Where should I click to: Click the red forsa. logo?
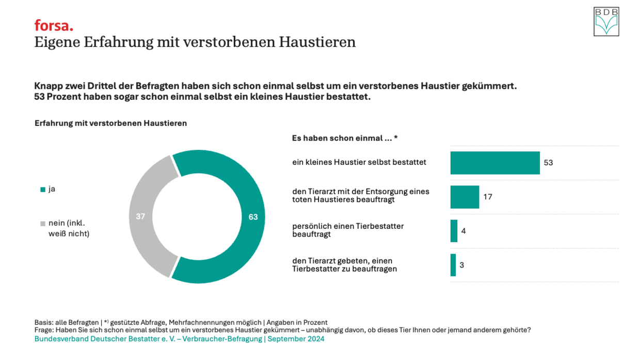pyautogui.click(x=54, y=25)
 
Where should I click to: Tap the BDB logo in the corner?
pyautogui.click(x=606, y=22)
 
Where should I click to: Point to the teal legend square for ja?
pyautogui.click(x=43, y=190)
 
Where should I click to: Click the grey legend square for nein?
pyautogui.click(x=43, y=224)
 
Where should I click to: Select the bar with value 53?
pyautogui.click(x=495, y=163)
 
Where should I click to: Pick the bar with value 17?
pyautogui.click(x=465, y=197)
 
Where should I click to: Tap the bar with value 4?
pyautogui.click(x=454, y=231)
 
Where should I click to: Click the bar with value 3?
pyautogui.click(x=453, y=265)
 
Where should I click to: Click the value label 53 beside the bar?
pyautogui.click(x=548, y=163)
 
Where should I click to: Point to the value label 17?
pyautogui.click(x=488, y=197)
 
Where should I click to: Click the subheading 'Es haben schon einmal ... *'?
pyautogui.click(x=345, y=138)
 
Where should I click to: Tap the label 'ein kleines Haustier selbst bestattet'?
pyautogui.click(x=359, y=162)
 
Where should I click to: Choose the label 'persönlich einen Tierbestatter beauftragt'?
pyautogui.click(x=348, y=230)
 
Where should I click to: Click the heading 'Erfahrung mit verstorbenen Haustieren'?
pyautogui.click(x=110, y=123)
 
